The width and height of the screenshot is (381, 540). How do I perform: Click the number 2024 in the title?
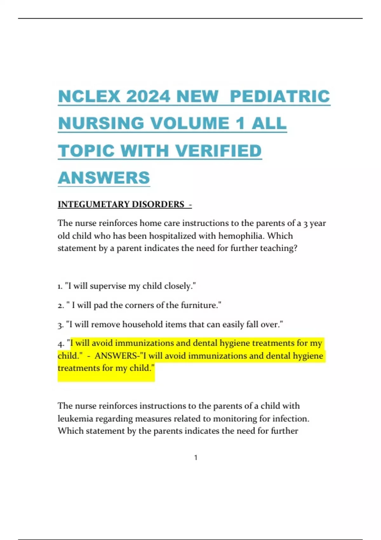tap(148, 97)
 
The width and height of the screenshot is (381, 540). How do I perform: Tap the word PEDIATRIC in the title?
tap(280, 97)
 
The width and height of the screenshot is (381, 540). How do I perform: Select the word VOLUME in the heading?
tap(190, 124)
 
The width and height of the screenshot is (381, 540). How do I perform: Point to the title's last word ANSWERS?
tap(104, 178)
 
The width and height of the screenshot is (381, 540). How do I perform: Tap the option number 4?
tap(61, 344)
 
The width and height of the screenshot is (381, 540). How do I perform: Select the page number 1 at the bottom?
tap(196, 458)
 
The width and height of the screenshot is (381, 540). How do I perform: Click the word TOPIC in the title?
tap(86, 151)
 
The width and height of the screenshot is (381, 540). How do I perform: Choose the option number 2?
tap(61, 306)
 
